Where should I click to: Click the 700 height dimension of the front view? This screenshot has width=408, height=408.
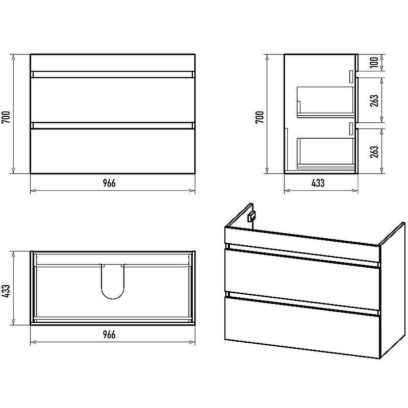(x=6, y=117)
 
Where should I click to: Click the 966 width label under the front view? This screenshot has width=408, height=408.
(x=109, y=183)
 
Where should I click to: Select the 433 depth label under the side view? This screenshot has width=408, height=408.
(x=318, y=183)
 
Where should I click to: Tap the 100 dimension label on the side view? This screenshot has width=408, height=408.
(x=374, y=62)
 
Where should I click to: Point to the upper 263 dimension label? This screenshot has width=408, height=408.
(x=374, y=100)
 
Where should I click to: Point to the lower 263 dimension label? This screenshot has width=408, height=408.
(x=374, y=151)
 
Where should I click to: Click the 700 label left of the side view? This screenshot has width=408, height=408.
(x=260, y=117)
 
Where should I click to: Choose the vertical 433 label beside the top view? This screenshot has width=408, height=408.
(x=6, y=291)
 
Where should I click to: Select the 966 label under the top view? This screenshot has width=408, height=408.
(x=109, y=335)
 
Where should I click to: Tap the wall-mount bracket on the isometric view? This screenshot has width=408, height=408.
(x=251, y=216)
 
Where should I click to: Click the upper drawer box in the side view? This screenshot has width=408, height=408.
(x=326, y=102)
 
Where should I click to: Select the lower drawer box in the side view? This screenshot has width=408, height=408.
(x=326, y=154)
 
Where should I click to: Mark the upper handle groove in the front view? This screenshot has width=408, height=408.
(x=113, y=74)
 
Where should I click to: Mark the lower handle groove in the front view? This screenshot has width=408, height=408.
(x=113, y=125)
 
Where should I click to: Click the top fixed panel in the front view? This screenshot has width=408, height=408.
(x=113, y=63)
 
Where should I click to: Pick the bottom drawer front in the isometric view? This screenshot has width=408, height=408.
(x=302, y=328)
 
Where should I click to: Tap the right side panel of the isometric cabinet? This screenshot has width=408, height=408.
(x=392, y=290)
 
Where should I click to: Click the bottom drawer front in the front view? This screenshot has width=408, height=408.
(x=113, y=151)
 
